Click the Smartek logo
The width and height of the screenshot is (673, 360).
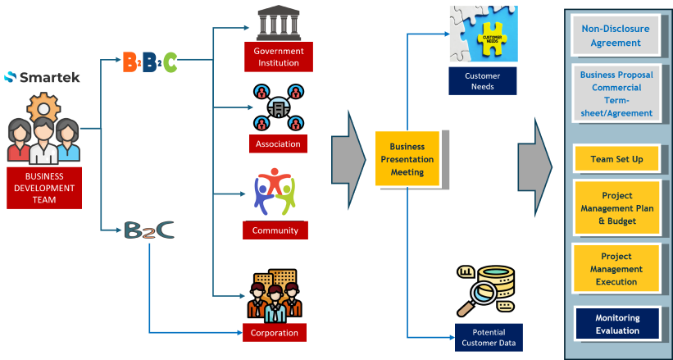click(x=43, y=77)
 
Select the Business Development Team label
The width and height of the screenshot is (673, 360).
click(x=43, y=187)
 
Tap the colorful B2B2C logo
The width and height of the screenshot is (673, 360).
click(x=148, y=60)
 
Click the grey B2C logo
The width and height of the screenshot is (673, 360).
click(x=149, y=230)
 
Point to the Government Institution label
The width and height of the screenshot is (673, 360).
click(x=278, y=57)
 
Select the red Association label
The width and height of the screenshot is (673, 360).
click(x=277, y=144)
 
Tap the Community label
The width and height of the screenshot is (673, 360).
click(x=275, y=230)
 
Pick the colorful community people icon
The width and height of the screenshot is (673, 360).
click(x=275, y=191)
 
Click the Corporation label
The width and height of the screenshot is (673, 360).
click(x=275, y=333)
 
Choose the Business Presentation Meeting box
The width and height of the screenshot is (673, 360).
click(x=407, y=159)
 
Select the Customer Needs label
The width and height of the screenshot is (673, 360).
click(x=483, y=80)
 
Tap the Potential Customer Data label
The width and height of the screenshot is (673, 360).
click(x=489, y=337)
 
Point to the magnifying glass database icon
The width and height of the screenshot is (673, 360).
click(x=484, y=291)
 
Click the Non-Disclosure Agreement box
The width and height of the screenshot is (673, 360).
click(x=616, y=35)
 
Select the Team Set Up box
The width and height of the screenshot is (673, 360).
click(x=616, y=159)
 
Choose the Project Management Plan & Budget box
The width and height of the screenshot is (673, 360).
click(x=616, y=209)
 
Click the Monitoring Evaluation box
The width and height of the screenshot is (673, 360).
click(x=617, y=324)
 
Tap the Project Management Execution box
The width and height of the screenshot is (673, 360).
click(x=616, y=269)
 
